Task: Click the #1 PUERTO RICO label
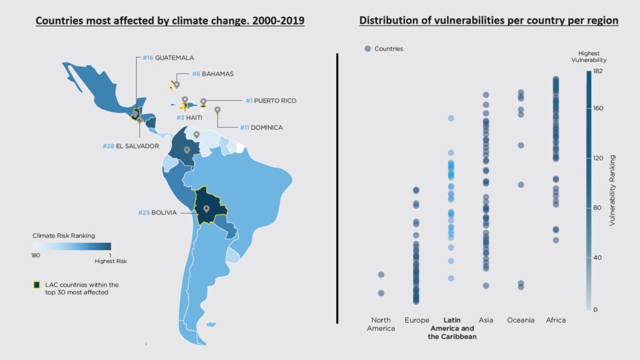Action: coord(271,101)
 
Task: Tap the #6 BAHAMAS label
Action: coord(212,74)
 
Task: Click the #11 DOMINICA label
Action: coord(261,127)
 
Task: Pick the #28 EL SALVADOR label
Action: coord(131,146)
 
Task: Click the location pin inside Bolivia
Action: coord(206,208)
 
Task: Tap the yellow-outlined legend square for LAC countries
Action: coord(37,285)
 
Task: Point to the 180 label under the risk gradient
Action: coord(37,255)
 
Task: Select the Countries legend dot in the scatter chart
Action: coord(367,49)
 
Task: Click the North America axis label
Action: coord(381,324)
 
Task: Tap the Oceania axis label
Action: coord(521,320)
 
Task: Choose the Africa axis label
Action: coord(556,320)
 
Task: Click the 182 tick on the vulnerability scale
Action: coord(597,71)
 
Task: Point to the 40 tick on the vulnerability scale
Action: coord(596,257)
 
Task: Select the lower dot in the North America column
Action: coord(381,293)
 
